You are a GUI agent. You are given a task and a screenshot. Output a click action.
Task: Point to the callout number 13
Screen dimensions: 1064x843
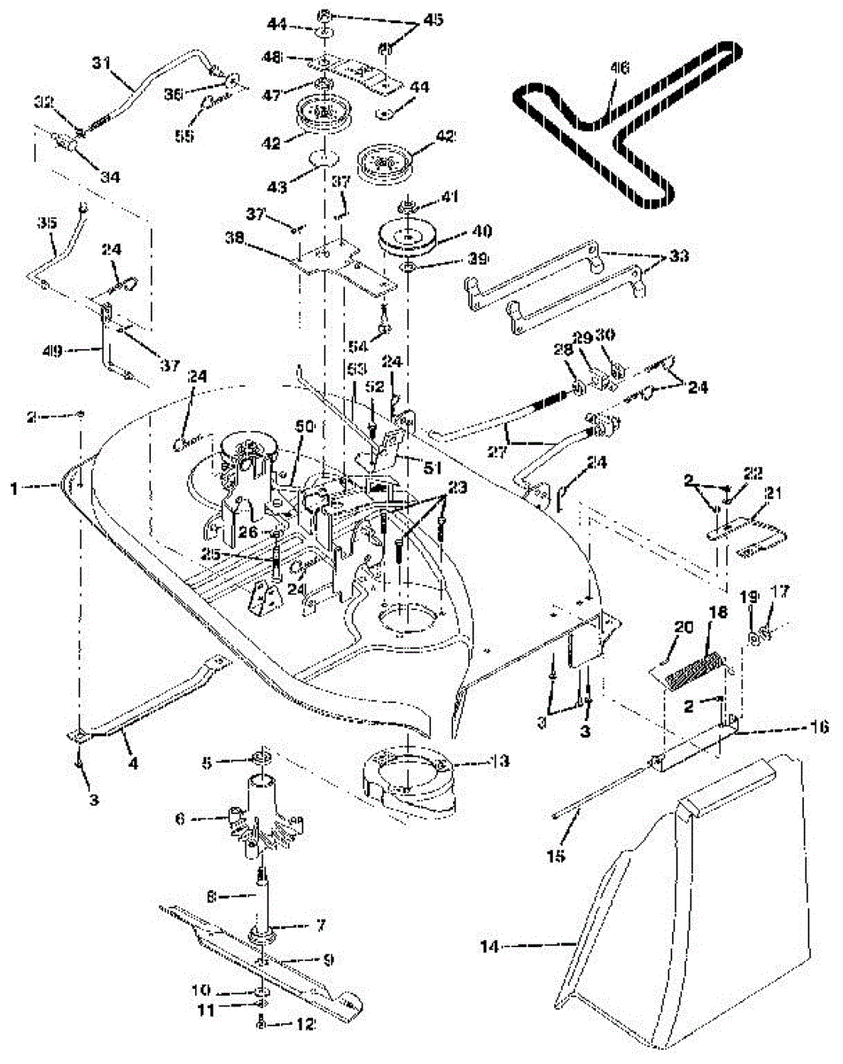[477, 762]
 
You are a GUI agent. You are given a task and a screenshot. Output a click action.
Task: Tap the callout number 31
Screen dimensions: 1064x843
[99, 63]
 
